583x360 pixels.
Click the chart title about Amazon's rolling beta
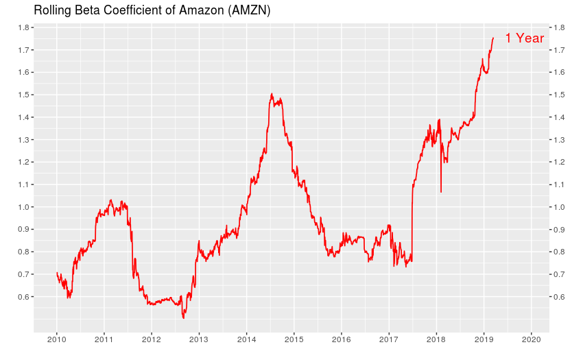[x=152, y=10]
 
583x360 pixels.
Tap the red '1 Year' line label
[x=524, y=38]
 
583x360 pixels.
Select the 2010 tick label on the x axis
[x=56, y=339]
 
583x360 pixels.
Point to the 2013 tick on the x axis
[x=199, y=339]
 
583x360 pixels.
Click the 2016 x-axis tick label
[x=341, y=339]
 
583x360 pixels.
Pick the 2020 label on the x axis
[x=531, y=339]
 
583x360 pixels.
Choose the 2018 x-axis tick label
[x=436, y=339]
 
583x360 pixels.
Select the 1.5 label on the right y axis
[x=558, y=95]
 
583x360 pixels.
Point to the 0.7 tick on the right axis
[x=558, y=274]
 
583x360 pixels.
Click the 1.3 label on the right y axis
[x=558, y=140]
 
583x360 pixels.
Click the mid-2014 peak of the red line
[x=272, y=94]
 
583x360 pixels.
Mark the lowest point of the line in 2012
[x=183, y=318]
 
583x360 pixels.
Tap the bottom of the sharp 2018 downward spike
[x=440, y=192]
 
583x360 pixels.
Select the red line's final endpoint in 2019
[x=493, y=38]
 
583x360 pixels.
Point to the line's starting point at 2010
[x=56, y=273]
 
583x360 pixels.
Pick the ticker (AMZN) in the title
[x=251, y=10]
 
